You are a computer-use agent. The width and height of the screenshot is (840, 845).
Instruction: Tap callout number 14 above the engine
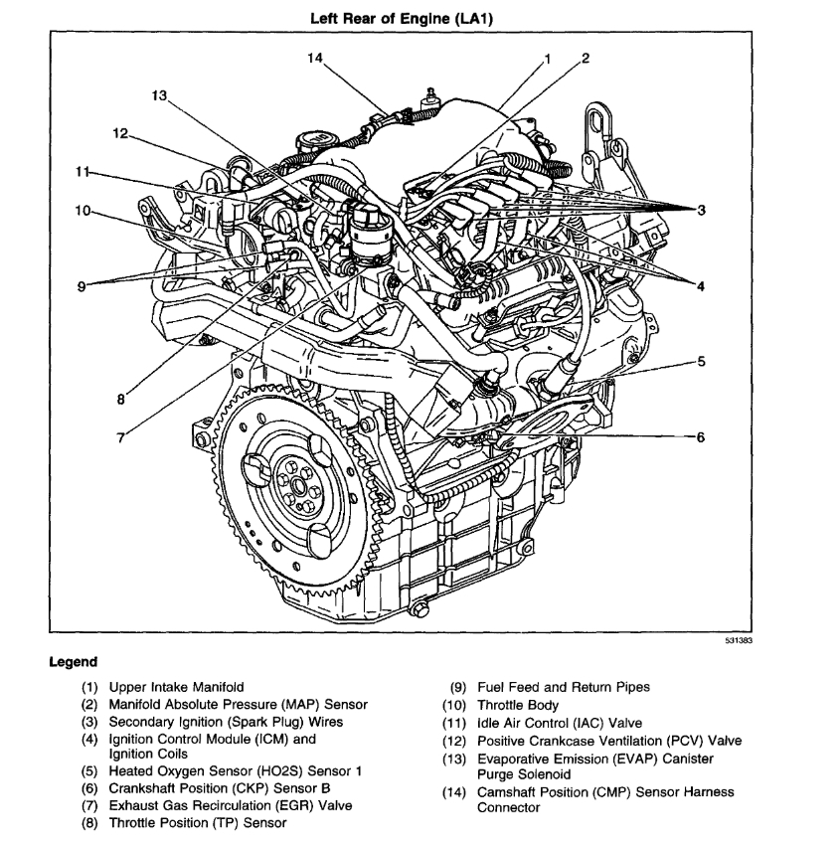pos(315,59)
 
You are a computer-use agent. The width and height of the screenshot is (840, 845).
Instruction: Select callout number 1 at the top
pos(546,59)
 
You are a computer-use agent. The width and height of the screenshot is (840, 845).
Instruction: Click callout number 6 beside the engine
pos(700,437)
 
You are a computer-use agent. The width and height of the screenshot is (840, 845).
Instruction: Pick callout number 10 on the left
pos(82,210)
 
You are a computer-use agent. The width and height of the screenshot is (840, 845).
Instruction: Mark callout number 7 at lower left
pos(121,437)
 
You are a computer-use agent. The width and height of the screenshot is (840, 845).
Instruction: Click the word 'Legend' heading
pos(74,662)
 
